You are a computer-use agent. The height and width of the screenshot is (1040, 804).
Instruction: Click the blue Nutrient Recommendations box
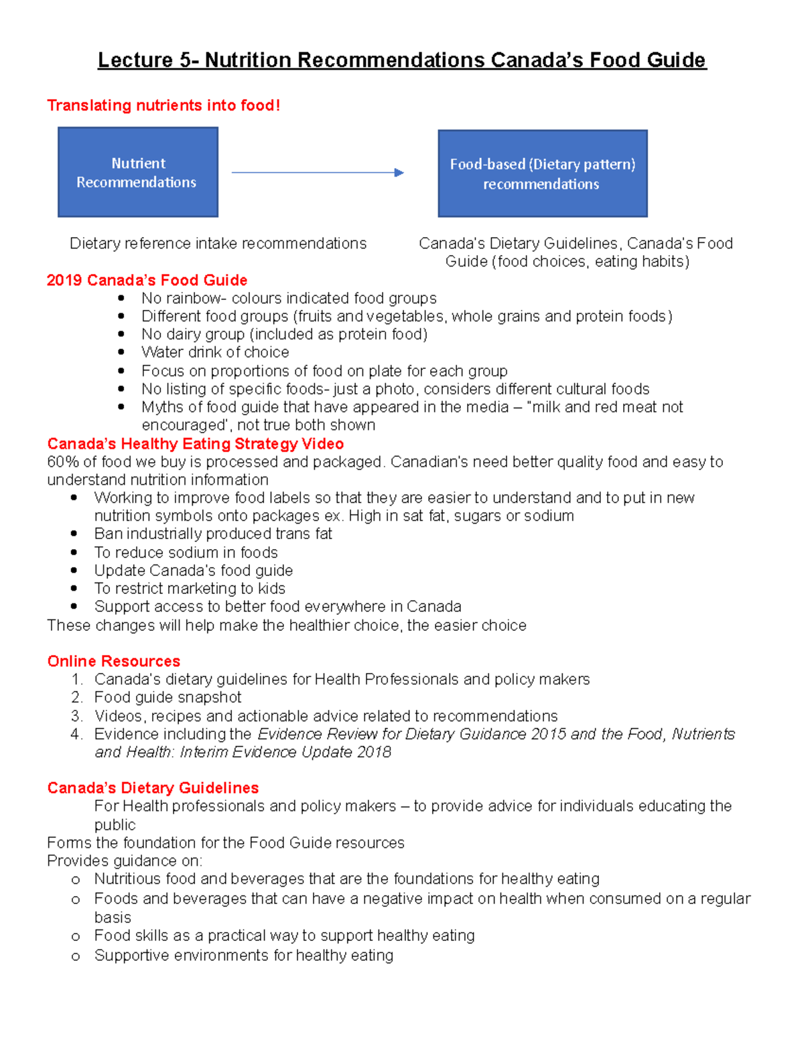(138, 172)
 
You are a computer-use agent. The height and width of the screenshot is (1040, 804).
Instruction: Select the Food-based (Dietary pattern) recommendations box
(543, 173)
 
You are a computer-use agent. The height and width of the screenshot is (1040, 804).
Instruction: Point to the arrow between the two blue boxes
(318, 173)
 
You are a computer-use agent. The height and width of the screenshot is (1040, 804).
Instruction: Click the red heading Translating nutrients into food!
(163, 106)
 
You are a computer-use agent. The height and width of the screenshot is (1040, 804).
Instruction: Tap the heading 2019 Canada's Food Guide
(147, 280)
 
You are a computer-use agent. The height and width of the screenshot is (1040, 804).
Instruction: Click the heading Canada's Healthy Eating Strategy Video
(196, 444)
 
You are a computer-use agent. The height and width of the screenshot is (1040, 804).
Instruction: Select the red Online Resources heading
(114, 661)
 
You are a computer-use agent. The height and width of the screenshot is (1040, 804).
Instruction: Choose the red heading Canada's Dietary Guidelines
(153, 788)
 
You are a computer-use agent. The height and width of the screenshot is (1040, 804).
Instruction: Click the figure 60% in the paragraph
(61, 462)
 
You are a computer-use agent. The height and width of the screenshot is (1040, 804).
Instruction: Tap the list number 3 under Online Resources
(76, 716)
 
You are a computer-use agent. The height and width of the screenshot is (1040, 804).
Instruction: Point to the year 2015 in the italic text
(549, 734)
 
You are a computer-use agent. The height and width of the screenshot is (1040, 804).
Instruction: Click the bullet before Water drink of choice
(121, 352)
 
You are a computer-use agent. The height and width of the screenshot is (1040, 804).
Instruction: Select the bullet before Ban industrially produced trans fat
(74, 534)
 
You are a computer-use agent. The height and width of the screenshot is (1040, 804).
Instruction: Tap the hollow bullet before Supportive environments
(76, 956)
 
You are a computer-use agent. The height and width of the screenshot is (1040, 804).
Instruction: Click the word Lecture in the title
(135, 60)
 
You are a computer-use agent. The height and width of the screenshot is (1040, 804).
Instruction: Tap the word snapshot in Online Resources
(210, 697)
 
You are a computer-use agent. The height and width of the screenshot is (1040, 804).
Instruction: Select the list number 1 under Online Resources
(76, 680)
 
